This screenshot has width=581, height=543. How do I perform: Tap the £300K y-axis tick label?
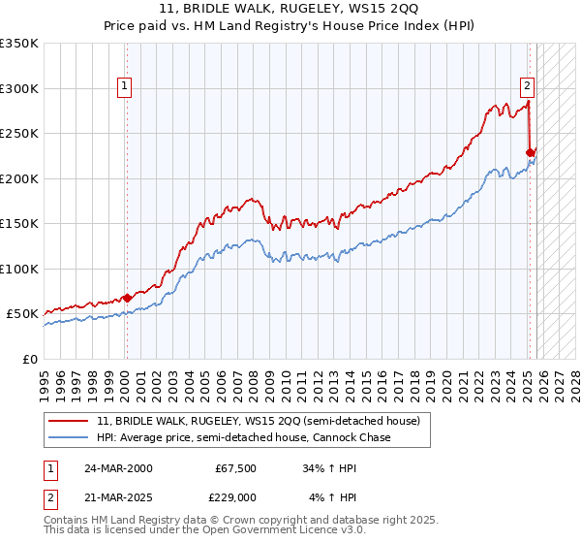coord(19,88)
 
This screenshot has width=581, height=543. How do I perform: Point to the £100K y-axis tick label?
coord(19,269)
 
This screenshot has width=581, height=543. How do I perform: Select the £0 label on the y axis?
coord(29,359)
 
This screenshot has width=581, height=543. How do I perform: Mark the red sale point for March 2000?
coord(127,298)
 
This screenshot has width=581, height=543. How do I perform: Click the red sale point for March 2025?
coord(530,152)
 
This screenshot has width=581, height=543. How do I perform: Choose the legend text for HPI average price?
coord(242,438)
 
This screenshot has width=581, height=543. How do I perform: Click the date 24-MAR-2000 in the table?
coord(119,468)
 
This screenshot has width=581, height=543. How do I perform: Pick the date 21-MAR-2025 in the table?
coord(119,497)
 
